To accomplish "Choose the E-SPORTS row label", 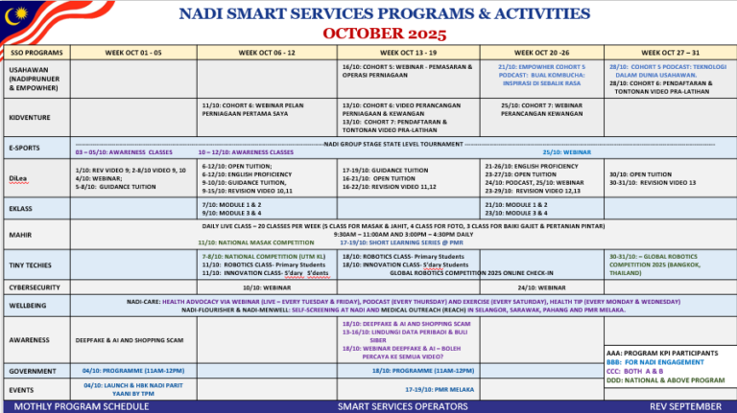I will tap(25, 148).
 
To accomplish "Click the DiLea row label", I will tap(18, 178).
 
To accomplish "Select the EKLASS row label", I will tap(20, 208).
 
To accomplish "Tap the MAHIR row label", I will tap(20, 235).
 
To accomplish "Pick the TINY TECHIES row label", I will tap(32, 264).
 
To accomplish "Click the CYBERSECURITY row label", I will tap(35, 287).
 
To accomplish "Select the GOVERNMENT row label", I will tap(32, 370).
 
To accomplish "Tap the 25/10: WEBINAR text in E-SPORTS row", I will tap(567, 151).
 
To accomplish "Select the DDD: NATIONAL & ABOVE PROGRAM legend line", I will tap(664, 379).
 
